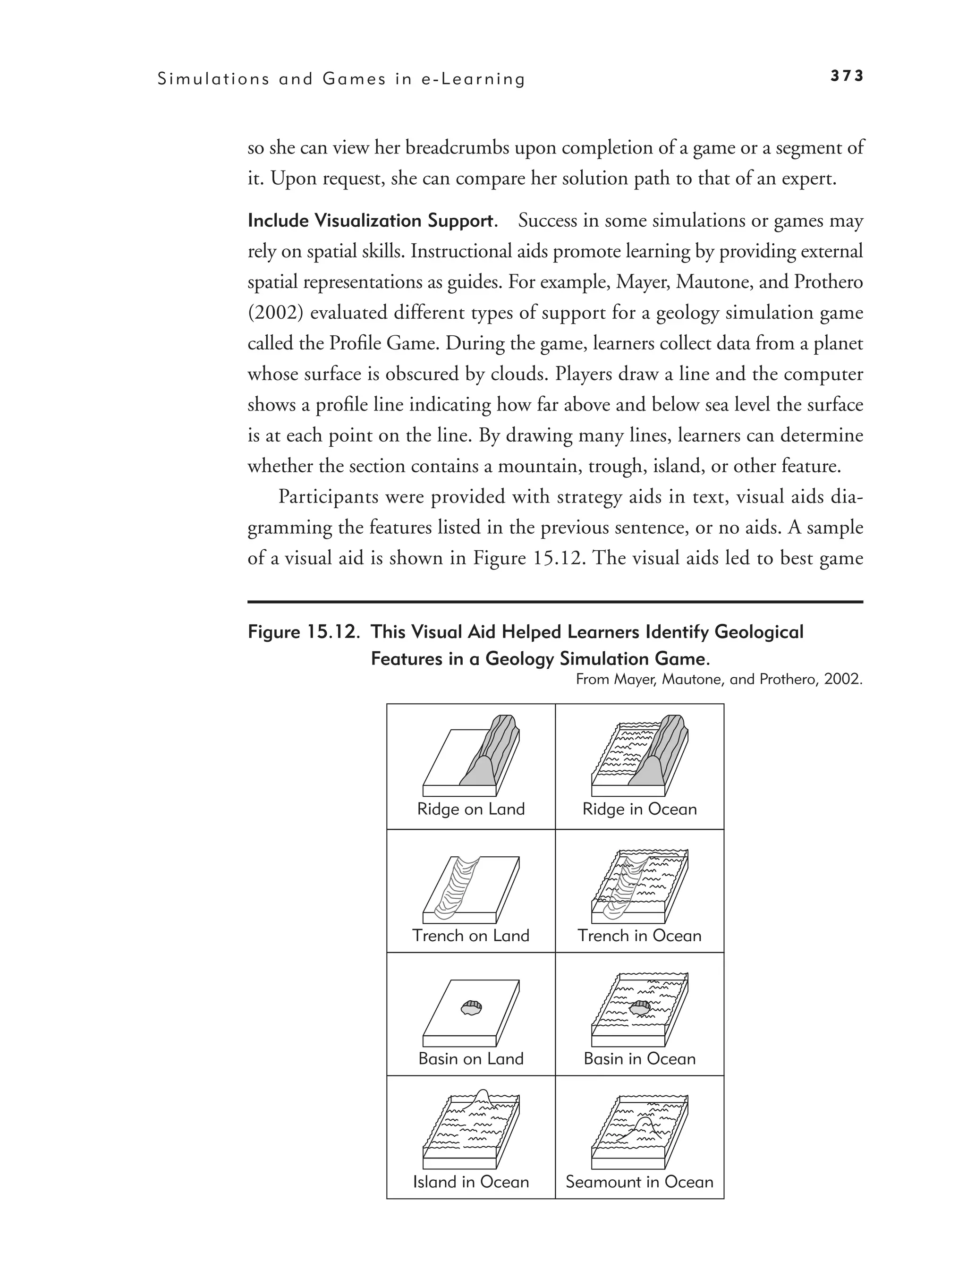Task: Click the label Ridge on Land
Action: pos(471,809)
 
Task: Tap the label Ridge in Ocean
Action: pos(639,809)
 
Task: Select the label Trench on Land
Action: pos(471,936)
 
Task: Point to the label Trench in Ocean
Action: pos(639,936)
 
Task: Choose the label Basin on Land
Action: pos(471,1058)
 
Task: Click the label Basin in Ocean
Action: pos(639,1058)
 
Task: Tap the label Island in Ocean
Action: pos(471,1182)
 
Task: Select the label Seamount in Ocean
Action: pos(639,1182)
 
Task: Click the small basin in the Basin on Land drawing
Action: pos(471,1007)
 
